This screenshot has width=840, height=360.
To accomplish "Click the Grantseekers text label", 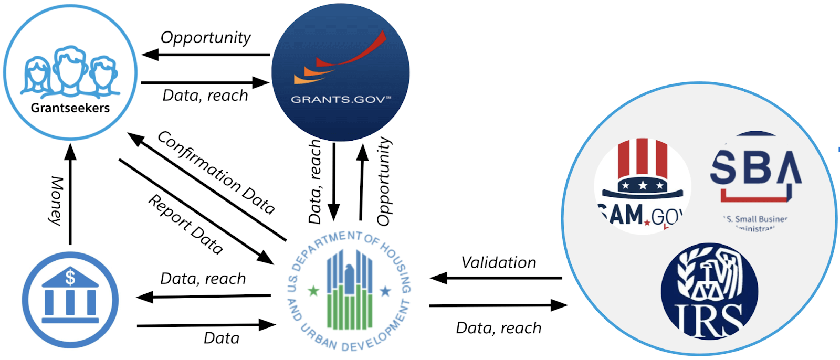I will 70,108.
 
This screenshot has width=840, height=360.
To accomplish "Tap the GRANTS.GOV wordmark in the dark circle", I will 340,100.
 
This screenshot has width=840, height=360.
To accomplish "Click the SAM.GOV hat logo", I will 642,184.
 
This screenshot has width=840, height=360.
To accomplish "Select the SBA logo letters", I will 755,167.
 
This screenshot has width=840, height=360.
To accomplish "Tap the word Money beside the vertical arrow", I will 56,200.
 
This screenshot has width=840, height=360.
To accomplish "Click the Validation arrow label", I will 499,262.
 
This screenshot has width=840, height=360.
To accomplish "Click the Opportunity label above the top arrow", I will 205,38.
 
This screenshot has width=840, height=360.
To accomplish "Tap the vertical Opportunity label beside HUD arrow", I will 384,182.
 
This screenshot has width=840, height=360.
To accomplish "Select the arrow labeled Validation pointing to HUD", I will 496,278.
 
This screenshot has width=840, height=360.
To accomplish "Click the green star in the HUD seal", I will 313,290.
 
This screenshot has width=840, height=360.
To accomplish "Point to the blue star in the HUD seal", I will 385,290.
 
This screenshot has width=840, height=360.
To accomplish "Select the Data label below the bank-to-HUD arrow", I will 221,338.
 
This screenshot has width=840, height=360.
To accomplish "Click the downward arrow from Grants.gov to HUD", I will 334,181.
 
